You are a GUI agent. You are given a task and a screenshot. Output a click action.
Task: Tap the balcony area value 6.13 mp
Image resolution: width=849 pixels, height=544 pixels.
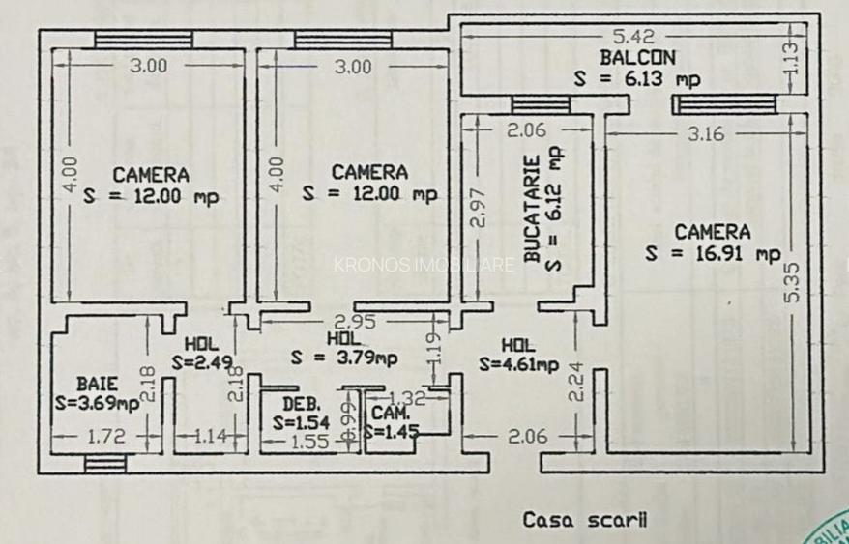(x=637, y=79)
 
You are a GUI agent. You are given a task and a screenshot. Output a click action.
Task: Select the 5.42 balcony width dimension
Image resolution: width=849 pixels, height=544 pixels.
(x=634, y=37)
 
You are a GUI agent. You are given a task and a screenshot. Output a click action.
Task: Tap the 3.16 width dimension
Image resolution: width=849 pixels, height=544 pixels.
(x=705, y=134)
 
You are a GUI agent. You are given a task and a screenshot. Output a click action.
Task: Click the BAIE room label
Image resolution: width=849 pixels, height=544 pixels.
(x=97, y=384)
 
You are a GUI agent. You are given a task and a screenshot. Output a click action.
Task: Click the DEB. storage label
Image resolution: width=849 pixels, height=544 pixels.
(x=301, y=404)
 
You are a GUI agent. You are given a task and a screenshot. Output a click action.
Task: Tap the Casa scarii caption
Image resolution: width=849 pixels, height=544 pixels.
(x=585, y=520)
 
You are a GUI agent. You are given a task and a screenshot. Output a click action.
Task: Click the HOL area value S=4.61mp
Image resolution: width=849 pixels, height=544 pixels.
(x=519, y=364)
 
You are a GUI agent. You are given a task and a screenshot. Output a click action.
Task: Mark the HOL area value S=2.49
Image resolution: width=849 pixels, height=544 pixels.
(x=201, y=363)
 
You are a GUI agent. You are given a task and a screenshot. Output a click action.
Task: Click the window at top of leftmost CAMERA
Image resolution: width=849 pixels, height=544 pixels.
(x=144, y=39)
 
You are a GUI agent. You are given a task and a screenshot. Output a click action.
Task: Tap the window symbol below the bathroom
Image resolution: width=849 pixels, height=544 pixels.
(x=104, y=464)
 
